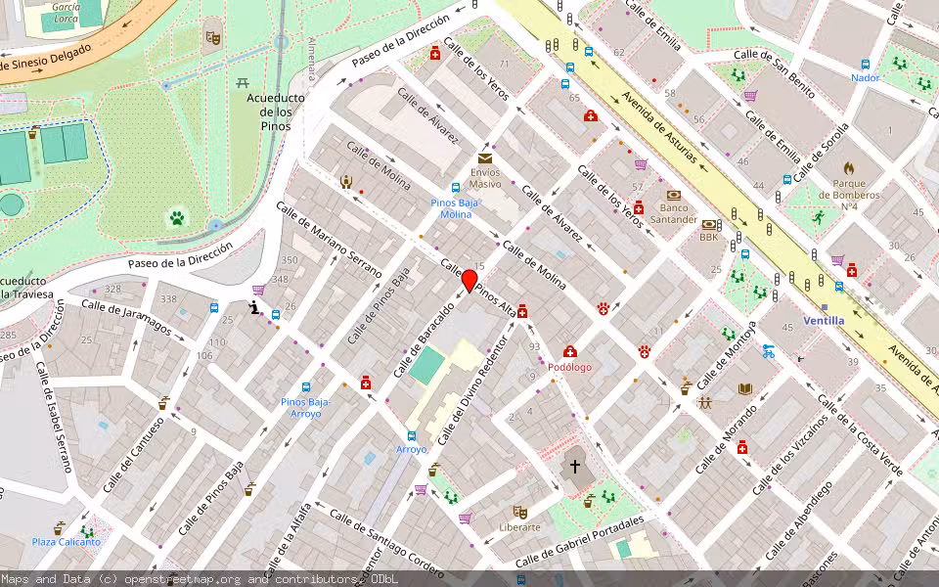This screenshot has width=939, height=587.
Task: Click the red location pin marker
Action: click(469, 282)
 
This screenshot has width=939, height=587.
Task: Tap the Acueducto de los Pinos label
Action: click(276, 113)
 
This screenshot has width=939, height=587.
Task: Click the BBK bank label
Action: click(709, 237)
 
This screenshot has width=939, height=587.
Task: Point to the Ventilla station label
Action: click(823, 320)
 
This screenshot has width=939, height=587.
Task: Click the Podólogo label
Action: click(569, 367)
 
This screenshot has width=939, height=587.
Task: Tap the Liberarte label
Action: click(520, 526)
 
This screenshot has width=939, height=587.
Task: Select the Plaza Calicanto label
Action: click(67, 542)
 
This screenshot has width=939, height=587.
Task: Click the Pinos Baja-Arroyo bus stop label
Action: click(306, 407)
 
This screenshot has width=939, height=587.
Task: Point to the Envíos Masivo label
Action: click(484, 178)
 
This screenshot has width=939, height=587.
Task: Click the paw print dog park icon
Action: click(177, 217)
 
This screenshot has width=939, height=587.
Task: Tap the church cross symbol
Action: click(575, 469)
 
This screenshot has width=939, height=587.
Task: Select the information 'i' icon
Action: click(253, 308)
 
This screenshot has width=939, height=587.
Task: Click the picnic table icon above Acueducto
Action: click(243, 82)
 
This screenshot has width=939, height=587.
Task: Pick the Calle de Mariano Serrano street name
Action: click(329, 240)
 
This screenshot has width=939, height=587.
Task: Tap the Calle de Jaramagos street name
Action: click(126, 318)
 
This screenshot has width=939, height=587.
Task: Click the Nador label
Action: click(865, 78)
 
